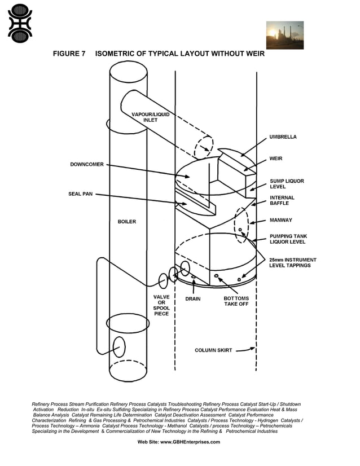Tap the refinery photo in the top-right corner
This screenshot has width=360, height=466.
point(284,35)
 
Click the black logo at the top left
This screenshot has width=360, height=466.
point(20,23)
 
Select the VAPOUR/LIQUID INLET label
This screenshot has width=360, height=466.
point(150,117)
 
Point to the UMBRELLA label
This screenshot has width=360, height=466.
point(283,137)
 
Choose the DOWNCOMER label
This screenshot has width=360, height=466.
point(87,165)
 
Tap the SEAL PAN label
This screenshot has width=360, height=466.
point(80,194)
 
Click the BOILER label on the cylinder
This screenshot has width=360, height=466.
point(127,222)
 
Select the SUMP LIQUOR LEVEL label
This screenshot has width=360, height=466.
point(287,184)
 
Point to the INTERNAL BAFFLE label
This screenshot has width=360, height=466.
point(282,200)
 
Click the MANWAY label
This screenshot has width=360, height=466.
point(281,220)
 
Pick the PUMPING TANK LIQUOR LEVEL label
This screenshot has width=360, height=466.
point(287,239)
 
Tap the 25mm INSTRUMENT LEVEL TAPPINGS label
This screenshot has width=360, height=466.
point(292,262)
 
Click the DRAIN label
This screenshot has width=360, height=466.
point(193,299)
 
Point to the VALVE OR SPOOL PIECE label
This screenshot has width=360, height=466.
point(161,305)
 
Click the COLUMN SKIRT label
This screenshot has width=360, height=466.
point(213,350)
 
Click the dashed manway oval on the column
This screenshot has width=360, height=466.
point(241,225)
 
